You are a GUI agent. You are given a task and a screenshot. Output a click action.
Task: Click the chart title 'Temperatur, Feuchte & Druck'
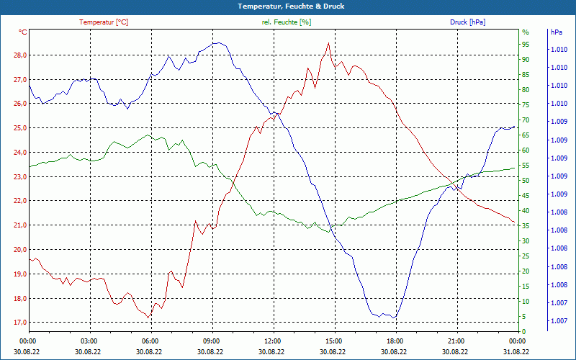(288, 6)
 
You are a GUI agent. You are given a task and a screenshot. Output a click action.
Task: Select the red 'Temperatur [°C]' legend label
(104, 22)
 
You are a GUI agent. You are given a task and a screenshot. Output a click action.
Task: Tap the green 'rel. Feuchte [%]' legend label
(287, 22)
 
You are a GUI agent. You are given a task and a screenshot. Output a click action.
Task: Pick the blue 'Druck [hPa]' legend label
(468, 22)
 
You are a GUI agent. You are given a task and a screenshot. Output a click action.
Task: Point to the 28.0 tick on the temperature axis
(20, 55)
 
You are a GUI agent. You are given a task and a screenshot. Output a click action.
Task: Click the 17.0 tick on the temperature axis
(20, 323)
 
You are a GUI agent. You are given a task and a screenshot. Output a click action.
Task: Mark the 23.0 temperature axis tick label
(20, 177)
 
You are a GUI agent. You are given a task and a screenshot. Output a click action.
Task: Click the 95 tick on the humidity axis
(526, 45)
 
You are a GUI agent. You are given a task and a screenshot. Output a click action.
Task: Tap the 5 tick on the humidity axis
(524, 317)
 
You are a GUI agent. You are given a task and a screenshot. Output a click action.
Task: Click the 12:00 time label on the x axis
(272, 341)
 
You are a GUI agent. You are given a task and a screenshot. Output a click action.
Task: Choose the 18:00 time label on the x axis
(395, 341)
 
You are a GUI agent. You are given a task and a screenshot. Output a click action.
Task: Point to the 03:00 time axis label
(89, 341)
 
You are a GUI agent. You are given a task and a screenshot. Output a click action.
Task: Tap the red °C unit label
(23, 32)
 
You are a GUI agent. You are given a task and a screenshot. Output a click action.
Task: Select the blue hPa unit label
(556, 32)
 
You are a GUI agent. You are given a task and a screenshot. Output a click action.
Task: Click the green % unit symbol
(525, 32)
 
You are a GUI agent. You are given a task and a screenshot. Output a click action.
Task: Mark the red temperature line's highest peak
(328, 42)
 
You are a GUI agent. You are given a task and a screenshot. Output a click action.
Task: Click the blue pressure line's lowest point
(393, 318)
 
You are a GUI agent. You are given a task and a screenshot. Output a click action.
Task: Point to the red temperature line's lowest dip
(148, 317)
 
